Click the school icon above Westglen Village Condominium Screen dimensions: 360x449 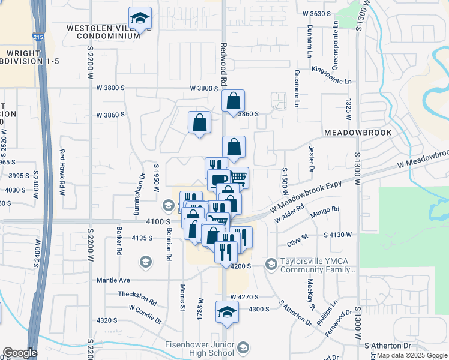tap(140, 19)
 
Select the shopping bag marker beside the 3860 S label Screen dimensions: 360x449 tap(233, 102)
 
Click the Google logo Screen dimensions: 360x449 tap(20, 353)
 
